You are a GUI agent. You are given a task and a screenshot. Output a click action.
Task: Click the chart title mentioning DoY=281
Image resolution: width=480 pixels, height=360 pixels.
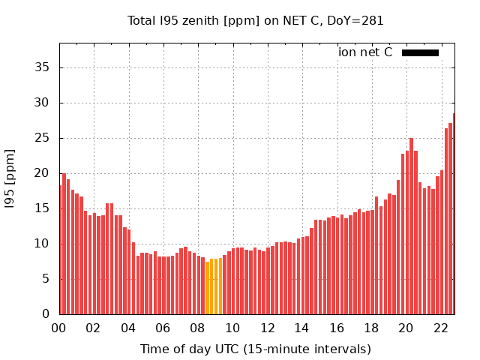click(255, 21)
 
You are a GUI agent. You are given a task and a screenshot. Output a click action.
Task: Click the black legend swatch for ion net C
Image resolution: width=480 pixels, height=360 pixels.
click(420, 52)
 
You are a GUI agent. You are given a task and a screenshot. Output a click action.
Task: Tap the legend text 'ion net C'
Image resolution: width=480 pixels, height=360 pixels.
click(365, 52)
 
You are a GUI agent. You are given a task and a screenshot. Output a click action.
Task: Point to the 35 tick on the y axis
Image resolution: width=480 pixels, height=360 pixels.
click(43, 67)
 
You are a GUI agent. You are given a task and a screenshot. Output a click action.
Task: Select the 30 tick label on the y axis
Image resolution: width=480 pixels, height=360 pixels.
click(43, 103)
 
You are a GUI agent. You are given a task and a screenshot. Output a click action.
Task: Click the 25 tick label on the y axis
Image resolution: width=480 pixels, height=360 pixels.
click(43, 138)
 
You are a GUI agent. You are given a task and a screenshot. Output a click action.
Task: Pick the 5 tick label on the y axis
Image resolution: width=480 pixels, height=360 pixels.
click(46, 279)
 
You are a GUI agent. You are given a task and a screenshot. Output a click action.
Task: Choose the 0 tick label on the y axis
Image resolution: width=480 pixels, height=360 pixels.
click(46, 314)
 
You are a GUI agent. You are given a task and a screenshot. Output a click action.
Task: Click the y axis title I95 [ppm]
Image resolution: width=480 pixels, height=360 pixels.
click(10, 178)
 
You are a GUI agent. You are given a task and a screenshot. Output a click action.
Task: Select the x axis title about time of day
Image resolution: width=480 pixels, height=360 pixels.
click(255, 349)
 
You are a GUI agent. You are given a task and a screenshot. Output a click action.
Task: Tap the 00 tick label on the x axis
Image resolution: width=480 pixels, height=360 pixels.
click(58, 328)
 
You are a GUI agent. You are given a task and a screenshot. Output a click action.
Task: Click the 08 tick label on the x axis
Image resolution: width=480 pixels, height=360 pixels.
click(197, 328)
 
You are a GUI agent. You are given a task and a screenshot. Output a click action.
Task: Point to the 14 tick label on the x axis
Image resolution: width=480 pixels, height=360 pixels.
click(301, 328)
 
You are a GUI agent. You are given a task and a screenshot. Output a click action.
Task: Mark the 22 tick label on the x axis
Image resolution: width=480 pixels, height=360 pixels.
click(440, 328)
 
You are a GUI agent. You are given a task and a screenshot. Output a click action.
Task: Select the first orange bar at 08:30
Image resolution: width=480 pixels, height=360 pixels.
click(207, 288)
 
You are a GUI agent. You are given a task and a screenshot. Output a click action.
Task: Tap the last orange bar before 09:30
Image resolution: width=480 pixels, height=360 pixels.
click(220, 286)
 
